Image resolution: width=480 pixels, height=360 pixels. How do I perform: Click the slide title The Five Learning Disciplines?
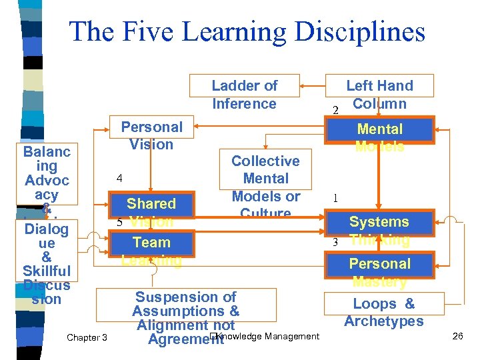tap(247, 31)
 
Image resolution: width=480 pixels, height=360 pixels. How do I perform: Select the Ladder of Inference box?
tap(244, 94)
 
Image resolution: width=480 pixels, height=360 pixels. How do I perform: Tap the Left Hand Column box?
tap(379, 94)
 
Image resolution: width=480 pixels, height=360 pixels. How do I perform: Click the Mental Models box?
tap(379, 129)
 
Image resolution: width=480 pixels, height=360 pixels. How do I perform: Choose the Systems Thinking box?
tap(379, 222)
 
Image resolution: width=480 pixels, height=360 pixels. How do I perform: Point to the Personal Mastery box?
tap(379, 264)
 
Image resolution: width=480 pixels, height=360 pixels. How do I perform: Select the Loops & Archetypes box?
tap(383, 312)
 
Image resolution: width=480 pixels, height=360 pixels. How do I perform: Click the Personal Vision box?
tap(151, 135)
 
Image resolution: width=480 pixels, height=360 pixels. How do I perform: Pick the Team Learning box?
tap(151, 243)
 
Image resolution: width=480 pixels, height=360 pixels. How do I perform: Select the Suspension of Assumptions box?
tap(186, 311)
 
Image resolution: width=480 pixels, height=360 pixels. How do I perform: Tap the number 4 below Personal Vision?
tap(119, 179)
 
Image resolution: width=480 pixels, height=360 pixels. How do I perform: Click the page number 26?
tap(457, 336)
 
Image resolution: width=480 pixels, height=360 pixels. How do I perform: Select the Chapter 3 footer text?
tap(87, 337)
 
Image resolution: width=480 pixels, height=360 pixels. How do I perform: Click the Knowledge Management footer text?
tap(267, 336)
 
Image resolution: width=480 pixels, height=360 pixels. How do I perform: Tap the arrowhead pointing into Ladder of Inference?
tap(302, 85)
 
